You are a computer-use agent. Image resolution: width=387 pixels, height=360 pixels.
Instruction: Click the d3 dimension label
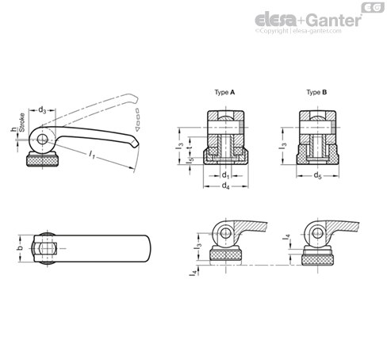point(42,109)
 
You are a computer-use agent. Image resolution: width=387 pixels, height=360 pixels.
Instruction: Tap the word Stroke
point(22,122)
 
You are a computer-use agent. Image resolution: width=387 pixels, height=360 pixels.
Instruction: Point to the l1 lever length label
point(92,155)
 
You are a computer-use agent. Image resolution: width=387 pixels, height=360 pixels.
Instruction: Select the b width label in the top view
point(21,248)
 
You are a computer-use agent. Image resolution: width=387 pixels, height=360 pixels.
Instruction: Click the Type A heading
point(224,92)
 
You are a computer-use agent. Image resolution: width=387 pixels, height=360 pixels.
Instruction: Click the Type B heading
point(316,92)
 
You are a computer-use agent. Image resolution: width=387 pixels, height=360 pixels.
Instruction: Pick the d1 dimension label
point(225,175)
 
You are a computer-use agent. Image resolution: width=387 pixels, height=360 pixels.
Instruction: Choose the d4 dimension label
point(225,186)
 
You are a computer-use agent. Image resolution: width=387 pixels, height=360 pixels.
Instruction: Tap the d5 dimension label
point(317,175)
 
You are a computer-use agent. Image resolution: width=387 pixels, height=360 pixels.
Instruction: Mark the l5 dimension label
point(191,159)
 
